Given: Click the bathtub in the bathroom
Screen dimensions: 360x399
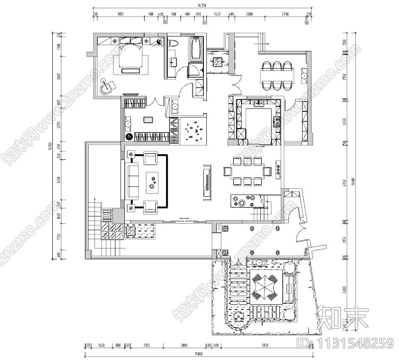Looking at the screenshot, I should pos(197,49).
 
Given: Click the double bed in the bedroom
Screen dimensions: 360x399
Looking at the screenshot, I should pos(130,60).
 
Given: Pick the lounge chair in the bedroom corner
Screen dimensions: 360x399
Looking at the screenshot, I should pos(106,87).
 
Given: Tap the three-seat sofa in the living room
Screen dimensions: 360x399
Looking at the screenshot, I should pos(132,180).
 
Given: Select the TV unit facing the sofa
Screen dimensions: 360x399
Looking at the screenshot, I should pos(206,181).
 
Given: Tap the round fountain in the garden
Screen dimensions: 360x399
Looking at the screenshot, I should pos(237,318).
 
